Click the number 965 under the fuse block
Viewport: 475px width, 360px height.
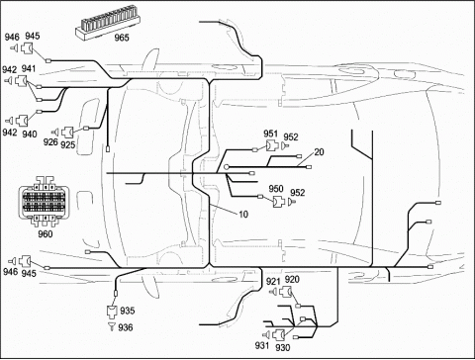coord(122,38)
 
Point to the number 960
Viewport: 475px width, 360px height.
coord(46,233)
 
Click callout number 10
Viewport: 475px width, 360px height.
coord(243,215)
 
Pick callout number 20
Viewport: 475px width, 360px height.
coord(319,152)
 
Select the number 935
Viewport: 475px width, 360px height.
coord(128,311)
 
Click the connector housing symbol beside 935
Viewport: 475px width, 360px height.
coord(112,311)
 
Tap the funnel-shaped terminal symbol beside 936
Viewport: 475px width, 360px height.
coord(112,326)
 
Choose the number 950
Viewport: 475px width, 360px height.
coord(276,189)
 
